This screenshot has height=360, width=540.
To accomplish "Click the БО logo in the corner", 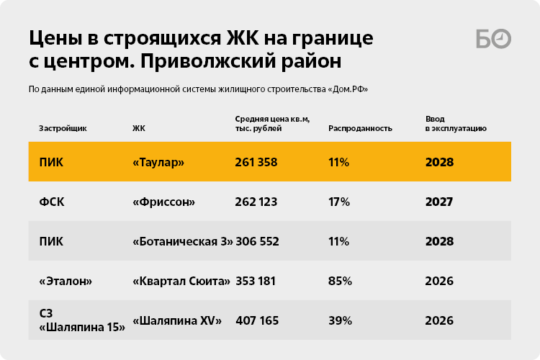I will [x=493, y=40].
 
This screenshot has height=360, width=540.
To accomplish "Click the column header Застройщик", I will [x=63, y=128].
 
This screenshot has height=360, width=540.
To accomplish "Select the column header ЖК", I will [x=139, y=128].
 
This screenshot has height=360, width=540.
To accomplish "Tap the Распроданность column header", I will [x=360, y=128].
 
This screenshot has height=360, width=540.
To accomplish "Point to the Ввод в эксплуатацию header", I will [x=456, y=123].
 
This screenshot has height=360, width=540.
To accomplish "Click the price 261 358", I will [x=256, y=162].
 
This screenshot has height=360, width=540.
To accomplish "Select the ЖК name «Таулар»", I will [x=159, y=162].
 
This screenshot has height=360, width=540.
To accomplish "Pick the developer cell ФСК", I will [x=51, y=202].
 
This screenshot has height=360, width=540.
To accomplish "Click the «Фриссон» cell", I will [x=164, y=202].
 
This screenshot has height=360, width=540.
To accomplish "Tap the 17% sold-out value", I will [x=338, y=202].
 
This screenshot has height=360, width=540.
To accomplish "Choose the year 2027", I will [x=439, y=202].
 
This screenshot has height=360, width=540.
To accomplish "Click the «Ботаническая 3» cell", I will [x=183, y=241].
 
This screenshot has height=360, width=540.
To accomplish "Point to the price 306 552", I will [x=256, y=241].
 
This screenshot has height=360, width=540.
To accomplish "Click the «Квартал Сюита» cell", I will [x=181, y=281].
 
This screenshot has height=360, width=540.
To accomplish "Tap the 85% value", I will [x=339, y=281].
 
